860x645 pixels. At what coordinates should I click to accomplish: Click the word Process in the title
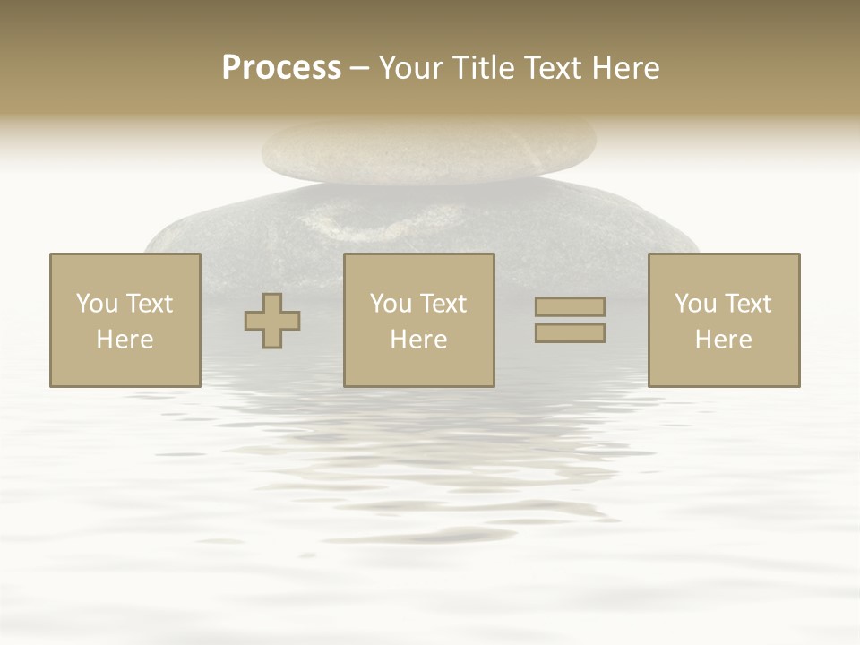coord(281,68)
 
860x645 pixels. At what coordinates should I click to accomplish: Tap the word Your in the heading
coord(412,68)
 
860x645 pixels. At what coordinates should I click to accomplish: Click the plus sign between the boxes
coord(272,321)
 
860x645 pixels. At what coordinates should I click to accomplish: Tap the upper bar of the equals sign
coord(570,306)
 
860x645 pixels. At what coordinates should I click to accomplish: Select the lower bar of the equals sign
coord(570,333)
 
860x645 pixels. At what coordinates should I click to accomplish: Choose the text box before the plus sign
coord(125,321)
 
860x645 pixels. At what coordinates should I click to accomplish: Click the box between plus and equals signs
coord(418,321)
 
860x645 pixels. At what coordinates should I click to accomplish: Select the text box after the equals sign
coord(723,321)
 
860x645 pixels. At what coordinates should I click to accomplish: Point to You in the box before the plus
coord(97,304)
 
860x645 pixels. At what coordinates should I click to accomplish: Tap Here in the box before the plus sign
coord(125,340)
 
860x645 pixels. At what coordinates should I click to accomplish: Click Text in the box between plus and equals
coord(443,304)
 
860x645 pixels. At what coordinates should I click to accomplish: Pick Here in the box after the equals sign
coord(723,340)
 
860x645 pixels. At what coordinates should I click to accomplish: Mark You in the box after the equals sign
coord(695,304)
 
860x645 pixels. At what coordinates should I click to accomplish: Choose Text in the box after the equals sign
coord(748,304)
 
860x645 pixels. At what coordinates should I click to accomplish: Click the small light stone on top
coord(428,150)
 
